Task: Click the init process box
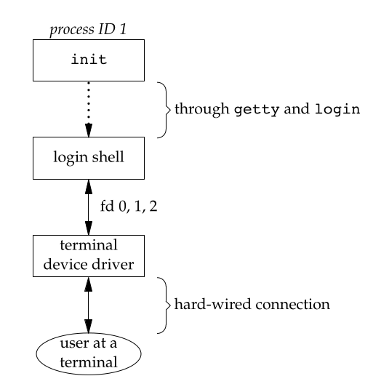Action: coord(89,59)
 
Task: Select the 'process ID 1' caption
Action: coord(89,28)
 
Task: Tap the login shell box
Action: coord(89,157)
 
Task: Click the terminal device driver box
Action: coord(89,255)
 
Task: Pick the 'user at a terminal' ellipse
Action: coord(88,353)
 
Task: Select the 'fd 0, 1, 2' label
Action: coord(129,206)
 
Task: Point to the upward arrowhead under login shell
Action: coord(89,186)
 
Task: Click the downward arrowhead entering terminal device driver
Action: coord(89,228)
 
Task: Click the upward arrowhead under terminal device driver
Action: coord(89,284)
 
